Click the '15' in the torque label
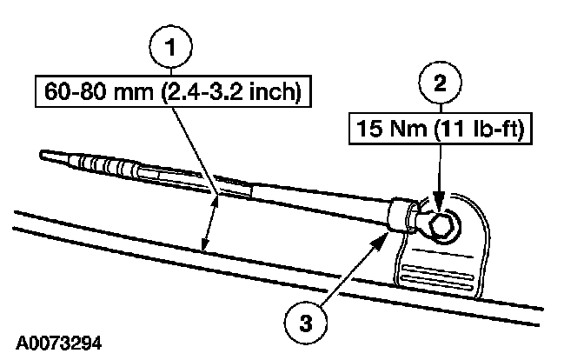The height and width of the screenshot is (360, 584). coord(364,130)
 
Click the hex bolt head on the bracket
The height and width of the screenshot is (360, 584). coord(440,228)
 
